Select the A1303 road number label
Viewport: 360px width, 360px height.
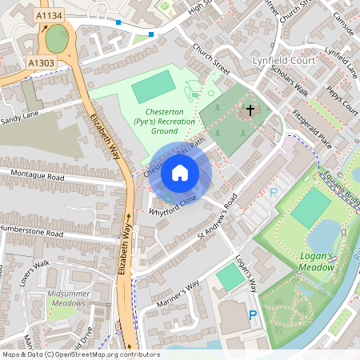coord(41,62)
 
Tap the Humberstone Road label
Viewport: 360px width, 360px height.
coord(32,233)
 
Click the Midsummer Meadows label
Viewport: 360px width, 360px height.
coord(74,299)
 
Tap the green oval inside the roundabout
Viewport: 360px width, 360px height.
coord(57,38)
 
